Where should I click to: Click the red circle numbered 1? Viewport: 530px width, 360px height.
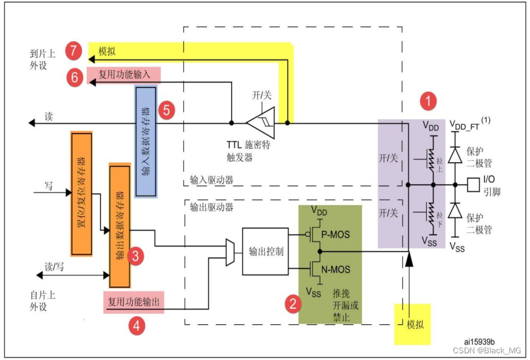pos(429,101)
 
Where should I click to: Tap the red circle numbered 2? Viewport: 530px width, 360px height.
pos(293,304)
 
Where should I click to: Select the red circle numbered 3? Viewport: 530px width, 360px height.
pos(137,256)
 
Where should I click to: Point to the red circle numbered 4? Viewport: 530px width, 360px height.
pos(137,325)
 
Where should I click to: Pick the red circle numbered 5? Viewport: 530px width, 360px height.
pos(167,110)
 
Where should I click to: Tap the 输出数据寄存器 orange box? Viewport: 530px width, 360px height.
pos(120,225)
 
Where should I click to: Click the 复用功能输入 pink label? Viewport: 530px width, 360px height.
pos(124,75)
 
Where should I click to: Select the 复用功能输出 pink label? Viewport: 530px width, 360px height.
pos(135,301)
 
